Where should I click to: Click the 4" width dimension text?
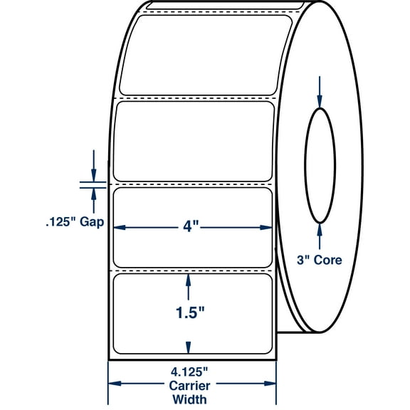coord(191,227)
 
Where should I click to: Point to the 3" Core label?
coord(320,260)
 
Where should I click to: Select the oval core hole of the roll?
coord(320,164)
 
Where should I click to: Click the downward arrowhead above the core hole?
coord(320,103)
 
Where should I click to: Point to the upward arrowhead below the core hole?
coord(320,228)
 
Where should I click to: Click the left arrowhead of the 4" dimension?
coord(120,228)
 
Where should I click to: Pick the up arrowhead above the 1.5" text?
coord(188,280)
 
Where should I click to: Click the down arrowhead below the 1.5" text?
coord(188,347)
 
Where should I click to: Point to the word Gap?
coord(93,222)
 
